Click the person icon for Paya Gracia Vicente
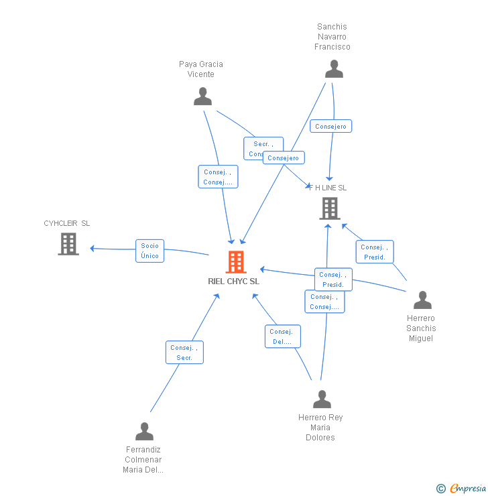pyautogui.click(x=202, y=97)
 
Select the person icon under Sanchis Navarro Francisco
pyautogui.click(x=334, y=69)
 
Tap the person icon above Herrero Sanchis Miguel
pyautogui.click(x=422, y=300)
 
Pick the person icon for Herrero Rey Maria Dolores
pyautogui.click(x=322, y=399)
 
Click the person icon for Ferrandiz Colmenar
pyautogui.click(x=144, y=432)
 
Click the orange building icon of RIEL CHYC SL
pyautogui.click(x=236, y=262)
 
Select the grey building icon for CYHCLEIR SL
pyautogui.click(x=68, y=244)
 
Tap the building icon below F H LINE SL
pyautogui.click(x=330, y=208)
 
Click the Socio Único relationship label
pyautogui.click(x=150, y=251)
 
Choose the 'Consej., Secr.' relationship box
pyautogui.click(x=184, y=353)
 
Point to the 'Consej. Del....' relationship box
pyautogui.click(x=282, y=336)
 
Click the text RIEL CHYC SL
pyautogui.click(x=233, y=282)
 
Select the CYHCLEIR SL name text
pyautogui.click(x=66, y=223)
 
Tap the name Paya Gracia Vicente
pyautogui.click(x=201, y=69)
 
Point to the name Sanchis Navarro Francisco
pyautogui.click(x=332, y=37)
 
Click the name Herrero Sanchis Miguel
pyautogui.click(x=421, y=328)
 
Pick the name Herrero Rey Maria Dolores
pyautogui.click(x=320, y=428)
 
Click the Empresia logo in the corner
pyautogui.click(x=462, y=489)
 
